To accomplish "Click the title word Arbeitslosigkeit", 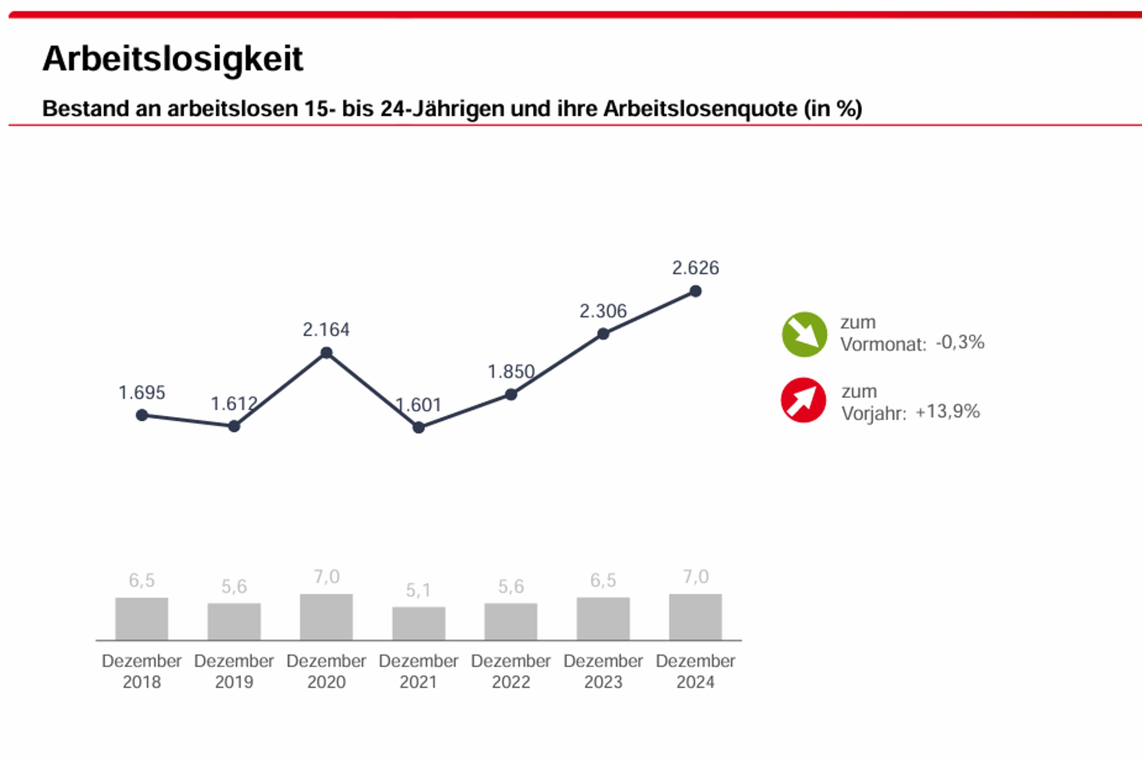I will pos(173,59).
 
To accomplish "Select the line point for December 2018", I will pos(142,415).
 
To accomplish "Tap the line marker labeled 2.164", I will pos(326,353).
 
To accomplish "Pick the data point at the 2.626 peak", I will pos(695,291).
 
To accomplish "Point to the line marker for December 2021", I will pos(419,427).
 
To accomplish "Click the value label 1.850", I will pos(511,372).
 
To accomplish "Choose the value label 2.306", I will pos(603,311).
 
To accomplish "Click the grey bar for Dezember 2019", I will pos(234,621).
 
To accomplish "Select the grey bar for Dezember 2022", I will pos(511,621).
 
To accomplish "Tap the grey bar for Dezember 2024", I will pos(695,617).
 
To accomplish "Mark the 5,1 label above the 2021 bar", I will pos(419,590).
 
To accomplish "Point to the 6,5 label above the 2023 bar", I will pos(603,580).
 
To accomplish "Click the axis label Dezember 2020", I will pos(326,671).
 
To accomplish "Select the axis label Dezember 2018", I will pos(142,671).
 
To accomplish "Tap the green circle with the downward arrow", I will pos(804,335).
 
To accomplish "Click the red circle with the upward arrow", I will pos(803,400).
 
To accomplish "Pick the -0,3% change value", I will pos(960,342).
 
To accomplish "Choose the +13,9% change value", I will pos(947,411).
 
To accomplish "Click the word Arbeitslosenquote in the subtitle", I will pos(700,109).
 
